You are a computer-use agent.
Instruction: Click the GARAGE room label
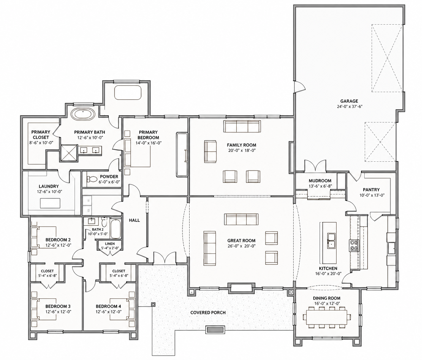tap(349, 101)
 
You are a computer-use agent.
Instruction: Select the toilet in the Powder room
tap(92, 179)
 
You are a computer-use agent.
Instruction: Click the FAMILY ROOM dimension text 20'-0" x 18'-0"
tap(242, 150)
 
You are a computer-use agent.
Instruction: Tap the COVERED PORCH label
tap(208, 313)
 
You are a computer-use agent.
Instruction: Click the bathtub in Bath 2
tap(116, 229)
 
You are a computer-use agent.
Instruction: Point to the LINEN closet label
tap(110, 244)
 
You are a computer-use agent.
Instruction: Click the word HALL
tap(134, 220)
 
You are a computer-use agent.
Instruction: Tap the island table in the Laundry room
tap(50, 203)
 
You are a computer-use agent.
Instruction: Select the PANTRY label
tap(371, 189)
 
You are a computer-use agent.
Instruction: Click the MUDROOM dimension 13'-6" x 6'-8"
tap(320, 186)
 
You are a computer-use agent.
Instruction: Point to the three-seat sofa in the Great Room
tap(241, 219)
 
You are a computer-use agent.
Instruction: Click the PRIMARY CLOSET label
tap(41, 135)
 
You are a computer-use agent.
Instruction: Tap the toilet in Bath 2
tap(104, 222)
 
